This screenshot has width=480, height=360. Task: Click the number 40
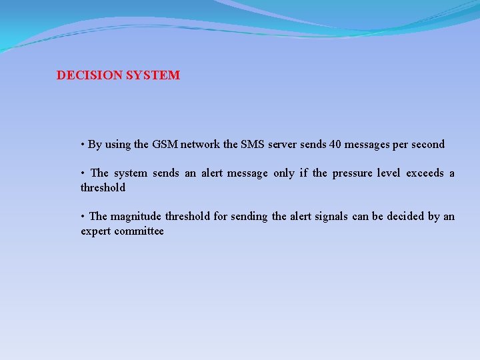335,144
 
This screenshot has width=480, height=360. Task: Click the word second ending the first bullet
428,144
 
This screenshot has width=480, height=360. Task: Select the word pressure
352,173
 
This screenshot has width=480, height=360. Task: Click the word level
388,173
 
